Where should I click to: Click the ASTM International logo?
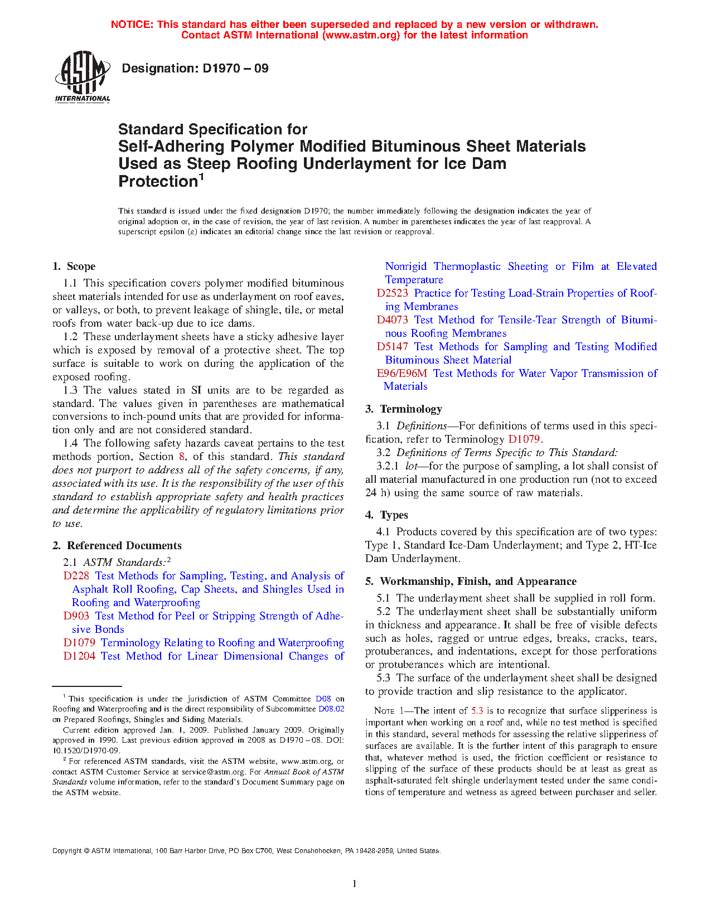(x=82, y=77)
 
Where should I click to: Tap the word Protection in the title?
(x=158, y=182)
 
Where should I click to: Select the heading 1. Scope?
(x=74, y=267)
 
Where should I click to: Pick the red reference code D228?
(x=76, y=576)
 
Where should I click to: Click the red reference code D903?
(x=76, y=616)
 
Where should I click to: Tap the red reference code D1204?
(x=79, y=656)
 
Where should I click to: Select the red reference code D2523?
(x=392, y=293)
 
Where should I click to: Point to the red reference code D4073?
(x=392, y=320)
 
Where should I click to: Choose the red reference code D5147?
(x=392, y=347)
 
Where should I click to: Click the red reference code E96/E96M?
(x=402, y=374)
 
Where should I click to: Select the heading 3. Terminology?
(x=404, y=409)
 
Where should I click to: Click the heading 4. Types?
(x=387, y=515)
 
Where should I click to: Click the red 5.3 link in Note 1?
(x=477, y=711)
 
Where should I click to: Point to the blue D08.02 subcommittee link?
(x=331, y=709)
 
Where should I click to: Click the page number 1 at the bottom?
(x=355, y=883)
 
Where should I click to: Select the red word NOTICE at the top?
(x=132, y=25)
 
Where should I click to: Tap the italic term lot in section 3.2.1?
(x=411, y=466)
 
